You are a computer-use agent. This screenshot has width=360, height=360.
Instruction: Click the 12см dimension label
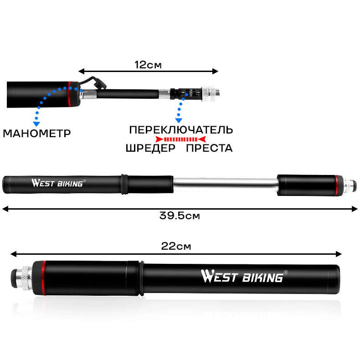pos(148,65)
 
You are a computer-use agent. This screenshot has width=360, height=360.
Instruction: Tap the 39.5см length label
pos(180,216)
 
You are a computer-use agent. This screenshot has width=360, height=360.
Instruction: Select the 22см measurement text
pos(176,246)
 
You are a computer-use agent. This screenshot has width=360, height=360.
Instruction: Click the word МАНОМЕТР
pos(37,134)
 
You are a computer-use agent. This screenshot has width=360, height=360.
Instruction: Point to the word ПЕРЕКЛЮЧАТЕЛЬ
pos(181,130)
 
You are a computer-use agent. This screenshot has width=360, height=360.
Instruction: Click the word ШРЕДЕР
pos(150,148)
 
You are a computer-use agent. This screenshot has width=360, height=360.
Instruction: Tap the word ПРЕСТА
pos(209,148)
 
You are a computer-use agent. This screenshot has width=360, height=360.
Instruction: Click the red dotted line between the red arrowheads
pos(180,139)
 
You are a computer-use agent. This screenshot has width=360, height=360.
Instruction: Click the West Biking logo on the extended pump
pos(58,184)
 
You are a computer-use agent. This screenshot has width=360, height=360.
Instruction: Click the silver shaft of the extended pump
pos(225,185)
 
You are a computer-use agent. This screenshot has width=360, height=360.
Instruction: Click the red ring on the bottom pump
pos(43,278)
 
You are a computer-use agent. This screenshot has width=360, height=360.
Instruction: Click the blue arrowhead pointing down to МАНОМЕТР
pos(36,123)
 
